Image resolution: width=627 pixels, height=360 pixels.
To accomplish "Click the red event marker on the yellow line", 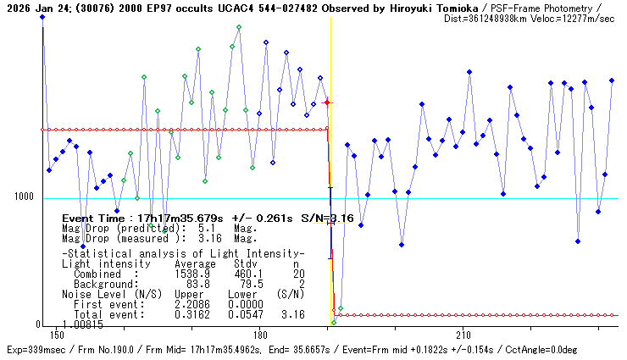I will pos(328,102).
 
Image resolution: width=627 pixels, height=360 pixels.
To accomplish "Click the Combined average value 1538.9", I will pos(191,274).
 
